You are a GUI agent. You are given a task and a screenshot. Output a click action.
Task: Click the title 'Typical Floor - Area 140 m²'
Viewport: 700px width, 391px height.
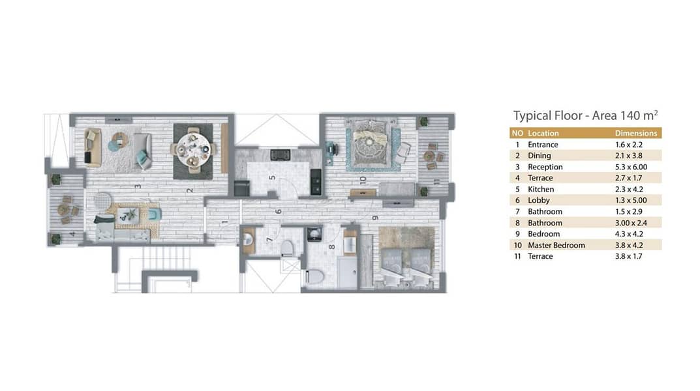click(x=585, y=115)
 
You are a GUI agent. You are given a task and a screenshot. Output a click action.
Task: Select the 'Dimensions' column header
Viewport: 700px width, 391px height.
click(x=635, y=134)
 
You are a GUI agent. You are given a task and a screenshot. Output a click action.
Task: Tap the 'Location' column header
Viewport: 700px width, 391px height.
click(x=543, y=134)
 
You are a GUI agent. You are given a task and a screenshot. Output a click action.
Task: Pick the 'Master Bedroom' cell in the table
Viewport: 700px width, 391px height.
click(x=556, y=245)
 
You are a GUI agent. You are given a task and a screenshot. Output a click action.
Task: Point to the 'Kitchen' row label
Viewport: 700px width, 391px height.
click(x=541, y=189)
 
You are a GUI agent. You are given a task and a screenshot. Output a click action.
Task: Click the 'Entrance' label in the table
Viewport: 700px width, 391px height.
click(x=543, y=145)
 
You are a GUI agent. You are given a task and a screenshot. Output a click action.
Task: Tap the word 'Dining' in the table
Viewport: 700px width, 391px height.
click(x=540, y=156)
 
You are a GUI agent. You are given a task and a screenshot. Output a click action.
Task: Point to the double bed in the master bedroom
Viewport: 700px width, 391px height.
click(x=371, y=142)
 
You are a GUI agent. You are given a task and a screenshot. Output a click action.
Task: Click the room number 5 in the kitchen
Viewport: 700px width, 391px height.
click(x=272, y=178)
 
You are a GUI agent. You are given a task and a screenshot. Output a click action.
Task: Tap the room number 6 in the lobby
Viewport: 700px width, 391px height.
click(x=279, y=211)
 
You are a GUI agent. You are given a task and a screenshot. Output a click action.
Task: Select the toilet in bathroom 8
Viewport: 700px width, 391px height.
click(x=314, y=276)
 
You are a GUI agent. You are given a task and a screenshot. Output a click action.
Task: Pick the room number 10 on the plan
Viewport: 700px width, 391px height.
click(x=363, y=180)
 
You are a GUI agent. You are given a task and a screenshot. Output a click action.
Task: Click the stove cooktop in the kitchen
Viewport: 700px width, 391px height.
click(x=281, y=154)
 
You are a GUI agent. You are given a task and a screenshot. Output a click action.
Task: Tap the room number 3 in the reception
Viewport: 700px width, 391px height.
click(x=138, y=186)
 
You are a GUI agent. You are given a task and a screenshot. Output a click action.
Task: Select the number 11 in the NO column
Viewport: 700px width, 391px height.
click(x=517, y=256)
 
